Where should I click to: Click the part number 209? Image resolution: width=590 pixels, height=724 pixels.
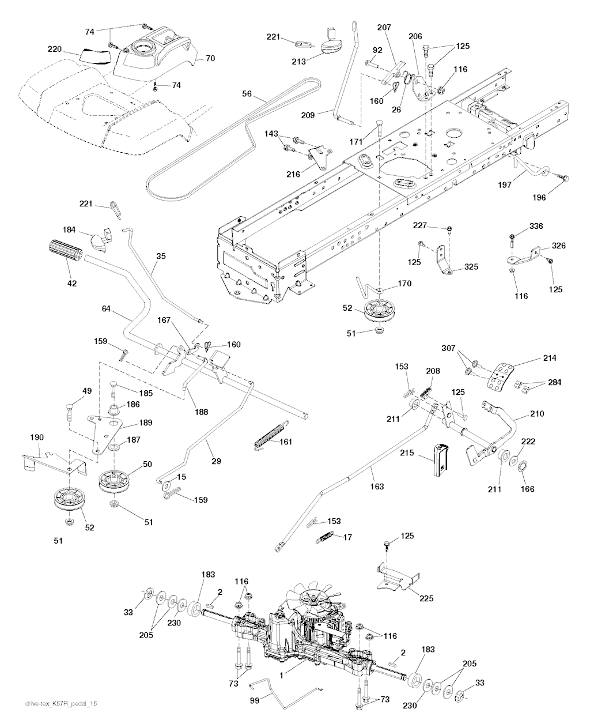point(308,115)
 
